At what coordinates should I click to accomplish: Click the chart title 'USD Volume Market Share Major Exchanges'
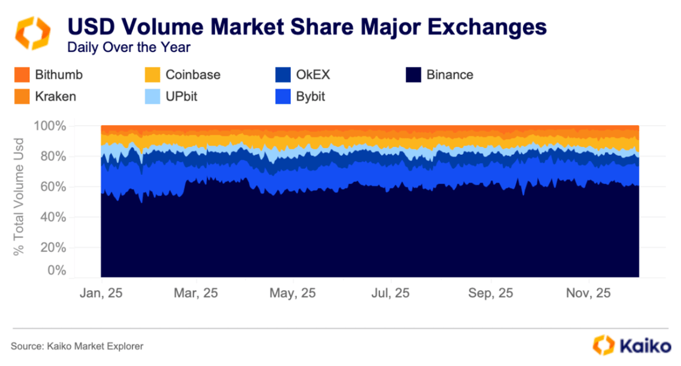pyautogui.click(x=306, y=28)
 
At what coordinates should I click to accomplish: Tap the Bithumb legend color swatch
pyautogui.click(x=21, y=75)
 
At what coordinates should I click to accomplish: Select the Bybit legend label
pyautogui.click(x=310, y=96)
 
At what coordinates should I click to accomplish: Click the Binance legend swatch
pyautogui.click(x=413, y=75)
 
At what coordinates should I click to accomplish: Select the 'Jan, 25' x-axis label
pyautogui.click(x=102, y=294)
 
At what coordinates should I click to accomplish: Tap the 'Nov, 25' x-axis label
pyautogui.click(x=588, y=294)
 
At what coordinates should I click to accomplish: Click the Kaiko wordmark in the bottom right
pyautogui.click(x=641, y=345)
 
